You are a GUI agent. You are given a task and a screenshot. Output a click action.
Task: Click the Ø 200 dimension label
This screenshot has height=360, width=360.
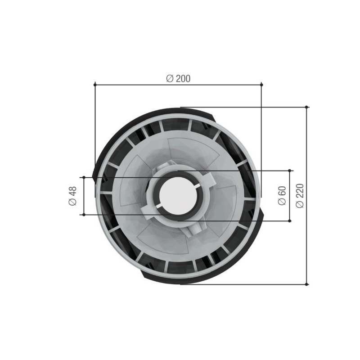[178, 78]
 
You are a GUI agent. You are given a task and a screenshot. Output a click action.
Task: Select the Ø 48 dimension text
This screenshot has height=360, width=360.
[72, 196]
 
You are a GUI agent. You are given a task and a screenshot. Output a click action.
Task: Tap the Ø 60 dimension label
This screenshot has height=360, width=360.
[282, 196]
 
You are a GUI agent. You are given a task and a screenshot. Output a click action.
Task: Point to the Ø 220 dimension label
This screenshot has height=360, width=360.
[300, 196]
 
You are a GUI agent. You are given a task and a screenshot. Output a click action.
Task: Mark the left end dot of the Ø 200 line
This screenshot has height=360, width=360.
[95, 84]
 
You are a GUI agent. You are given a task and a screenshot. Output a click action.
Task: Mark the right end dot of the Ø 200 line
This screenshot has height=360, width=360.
[261, 84]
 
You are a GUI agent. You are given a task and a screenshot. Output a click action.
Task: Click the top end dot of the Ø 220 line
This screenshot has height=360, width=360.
[307, 107]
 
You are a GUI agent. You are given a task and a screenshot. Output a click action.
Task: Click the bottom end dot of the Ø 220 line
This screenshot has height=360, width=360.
[307, 284]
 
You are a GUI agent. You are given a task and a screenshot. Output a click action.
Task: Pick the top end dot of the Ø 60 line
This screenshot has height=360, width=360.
[290, 171]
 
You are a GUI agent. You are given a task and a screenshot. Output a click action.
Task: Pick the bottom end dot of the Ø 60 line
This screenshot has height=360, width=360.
[290, 221]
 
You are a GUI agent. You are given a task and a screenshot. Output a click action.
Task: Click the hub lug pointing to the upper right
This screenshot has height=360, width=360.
[208, 179]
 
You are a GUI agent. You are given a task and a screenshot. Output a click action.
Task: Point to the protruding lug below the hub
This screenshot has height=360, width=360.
[194, 228]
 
